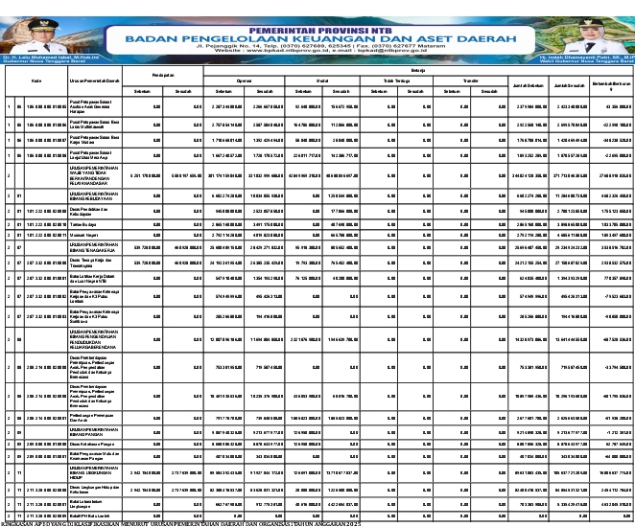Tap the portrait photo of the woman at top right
[x=611, y=30]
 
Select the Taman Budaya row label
[x=81, y=220]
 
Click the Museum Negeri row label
[x=82, y=234]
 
